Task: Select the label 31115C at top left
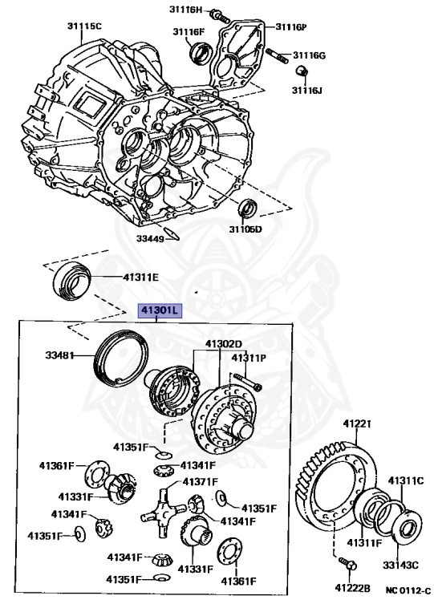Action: point(84,26)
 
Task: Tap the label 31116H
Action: point(187,9)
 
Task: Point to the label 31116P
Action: point(291,26)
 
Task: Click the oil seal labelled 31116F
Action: point(199,53)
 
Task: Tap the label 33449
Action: point(149,238)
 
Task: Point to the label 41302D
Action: point(223,344)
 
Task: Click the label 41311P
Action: point(249,357)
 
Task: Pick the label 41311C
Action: point(405,480)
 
